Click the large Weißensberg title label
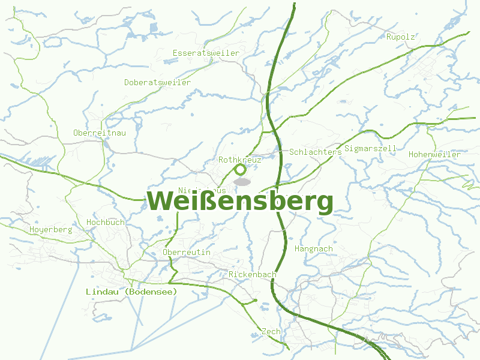click(x=240, y=202)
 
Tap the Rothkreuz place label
click(x=240, y=160)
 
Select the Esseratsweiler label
click(x=206, y=53)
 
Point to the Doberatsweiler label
click(x=158, y=83)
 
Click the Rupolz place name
click(x=400, y=37)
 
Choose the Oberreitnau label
click(x=100, y=133)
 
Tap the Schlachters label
click(x=315, y=152)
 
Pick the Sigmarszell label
click(x=370, y=148)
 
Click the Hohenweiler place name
click(x=434, y=155)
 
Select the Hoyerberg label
click(x=50, y=230)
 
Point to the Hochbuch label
click(x=106, y=223)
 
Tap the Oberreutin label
click(x=187, y=253)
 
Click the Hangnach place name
click(x=314, y=249)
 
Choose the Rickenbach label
click(x=252, y=275)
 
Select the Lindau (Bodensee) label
click(x=132, y=292)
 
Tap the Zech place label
click(x=271, y=332)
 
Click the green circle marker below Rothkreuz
click(x=241, y=170)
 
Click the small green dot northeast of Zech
click(x=256, y=301)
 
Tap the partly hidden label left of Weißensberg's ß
click(x=202, y=191)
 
